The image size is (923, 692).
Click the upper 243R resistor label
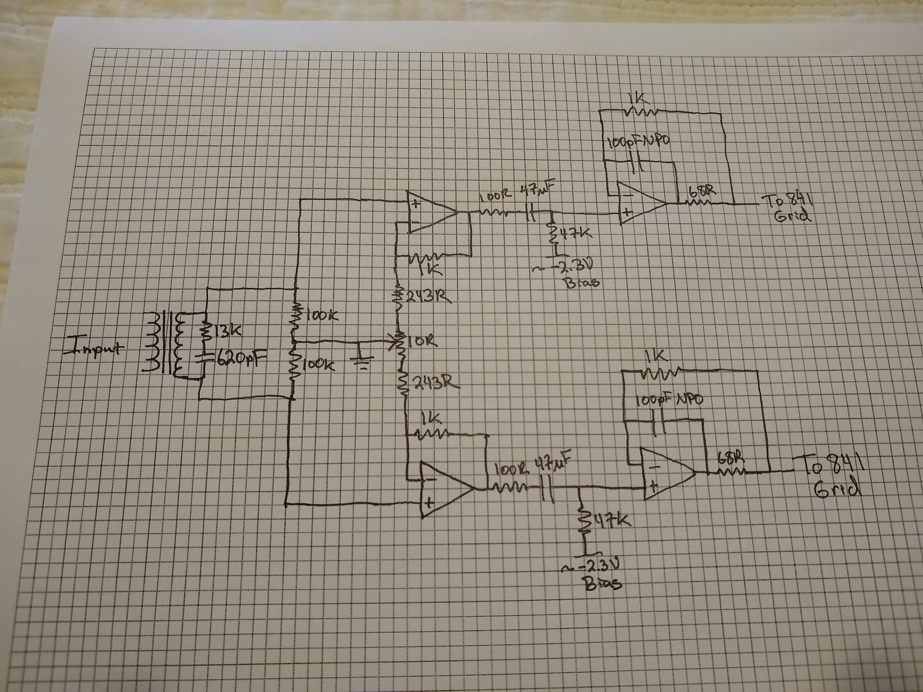click(x=430, y=297)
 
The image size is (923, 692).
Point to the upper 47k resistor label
click(x=575, y=233)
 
